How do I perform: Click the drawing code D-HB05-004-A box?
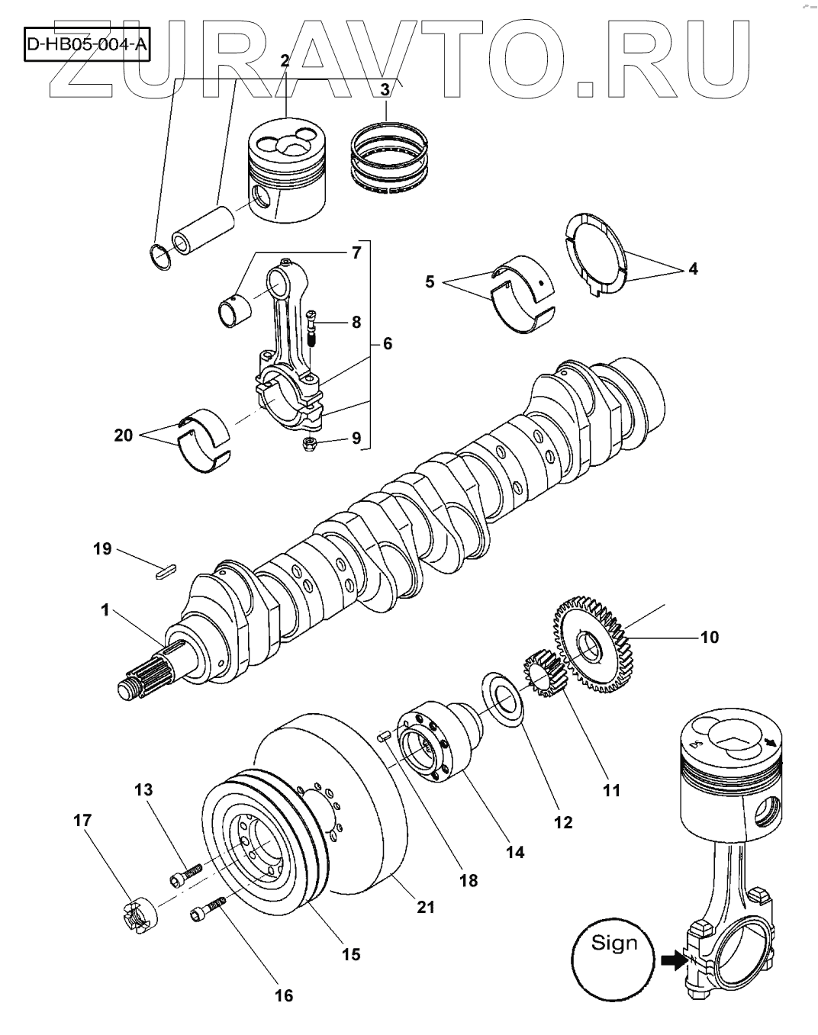click(86, 45)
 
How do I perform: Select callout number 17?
click(82, 821)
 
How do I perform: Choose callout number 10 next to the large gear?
click(710, 636)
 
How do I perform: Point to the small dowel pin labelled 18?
click(385, 736)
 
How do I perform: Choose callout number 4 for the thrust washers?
click(693, 268)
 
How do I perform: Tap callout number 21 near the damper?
click(425, 906)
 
